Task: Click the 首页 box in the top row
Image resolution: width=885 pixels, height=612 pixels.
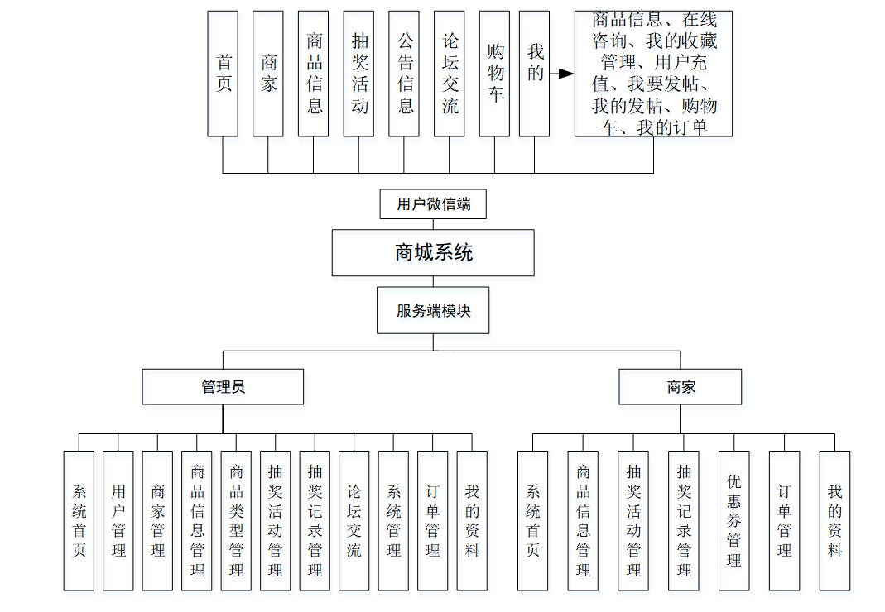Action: tap(223, 74)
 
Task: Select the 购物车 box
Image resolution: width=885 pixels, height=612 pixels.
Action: tap(494, 74)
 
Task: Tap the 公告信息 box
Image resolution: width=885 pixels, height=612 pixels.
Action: tap(404, 74)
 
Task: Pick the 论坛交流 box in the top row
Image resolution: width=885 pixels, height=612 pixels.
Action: tap(449, 74)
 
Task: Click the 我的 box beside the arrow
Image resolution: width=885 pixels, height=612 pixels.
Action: tap(534, 74)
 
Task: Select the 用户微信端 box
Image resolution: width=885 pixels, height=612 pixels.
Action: tap(433, 204)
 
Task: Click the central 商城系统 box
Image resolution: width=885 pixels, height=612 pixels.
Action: tap(433, 252)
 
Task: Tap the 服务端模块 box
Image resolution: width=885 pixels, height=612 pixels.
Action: tap(433, 311)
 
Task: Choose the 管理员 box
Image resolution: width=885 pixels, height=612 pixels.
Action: tap(223, 386)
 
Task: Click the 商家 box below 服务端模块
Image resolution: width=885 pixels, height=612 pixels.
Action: tap(681, 386)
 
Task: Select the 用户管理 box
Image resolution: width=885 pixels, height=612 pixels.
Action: tap(118, 520)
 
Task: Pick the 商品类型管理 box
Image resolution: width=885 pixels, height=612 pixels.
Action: tap(236, 520)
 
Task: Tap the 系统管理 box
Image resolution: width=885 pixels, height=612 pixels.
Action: tap(393, 520)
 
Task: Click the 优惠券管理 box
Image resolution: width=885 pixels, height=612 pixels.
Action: tap(733, 520)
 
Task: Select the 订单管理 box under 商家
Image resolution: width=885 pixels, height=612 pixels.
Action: tap(784, 520)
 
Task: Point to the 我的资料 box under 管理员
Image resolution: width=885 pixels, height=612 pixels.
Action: tap(472, 520)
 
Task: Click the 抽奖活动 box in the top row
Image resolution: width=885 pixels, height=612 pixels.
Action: tap(358, 74)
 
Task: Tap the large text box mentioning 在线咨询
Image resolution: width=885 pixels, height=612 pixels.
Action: tap(653, 74)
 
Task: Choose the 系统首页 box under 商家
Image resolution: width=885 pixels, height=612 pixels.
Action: tap(532, 520)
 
